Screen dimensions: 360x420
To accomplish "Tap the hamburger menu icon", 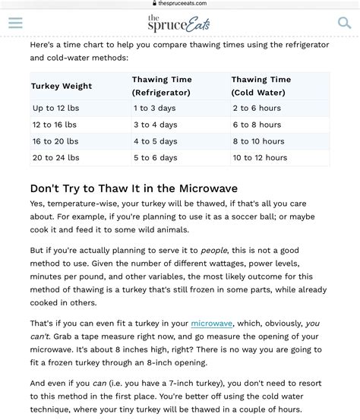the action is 15,23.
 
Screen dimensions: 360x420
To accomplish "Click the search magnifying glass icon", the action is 345,23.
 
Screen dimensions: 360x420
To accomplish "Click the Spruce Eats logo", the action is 178,24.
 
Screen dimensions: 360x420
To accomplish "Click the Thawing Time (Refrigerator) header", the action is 162,86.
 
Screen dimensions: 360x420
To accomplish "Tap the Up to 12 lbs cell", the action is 55,108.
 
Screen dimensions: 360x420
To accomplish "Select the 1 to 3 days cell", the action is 155,108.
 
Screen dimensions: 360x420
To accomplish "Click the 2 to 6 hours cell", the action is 257,108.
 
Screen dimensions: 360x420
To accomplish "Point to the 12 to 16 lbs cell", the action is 55,125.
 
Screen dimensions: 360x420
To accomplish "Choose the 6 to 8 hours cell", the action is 257,125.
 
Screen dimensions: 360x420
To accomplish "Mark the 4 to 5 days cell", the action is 155,141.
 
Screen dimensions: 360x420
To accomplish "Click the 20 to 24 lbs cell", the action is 55,158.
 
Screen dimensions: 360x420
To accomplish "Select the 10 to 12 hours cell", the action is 260,158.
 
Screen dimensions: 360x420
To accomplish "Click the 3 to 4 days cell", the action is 155,125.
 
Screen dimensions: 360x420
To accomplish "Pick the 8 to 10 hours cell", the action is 258,141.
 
